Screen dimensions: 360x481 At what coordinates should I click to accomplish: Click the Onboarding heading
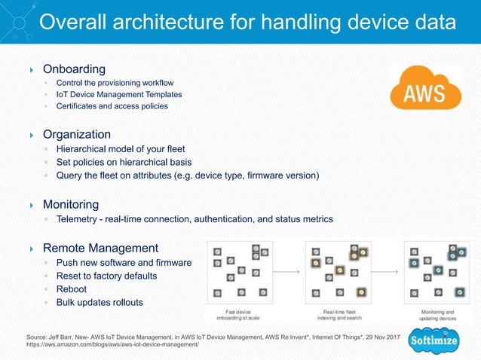click(x=74, y=69)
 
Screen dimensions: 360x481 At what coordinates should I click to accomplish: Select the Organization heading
click(x=76, y=134)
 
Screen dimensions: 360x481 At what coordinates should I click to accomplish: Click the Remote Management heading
click(x=100, y=248)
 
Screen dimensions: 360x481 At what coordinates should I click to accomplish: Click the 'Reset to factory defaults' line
click(x=112, y=276)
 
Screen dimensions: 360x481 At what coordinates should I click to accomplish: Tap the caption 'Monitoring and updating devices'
click(x=437, y=314)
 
